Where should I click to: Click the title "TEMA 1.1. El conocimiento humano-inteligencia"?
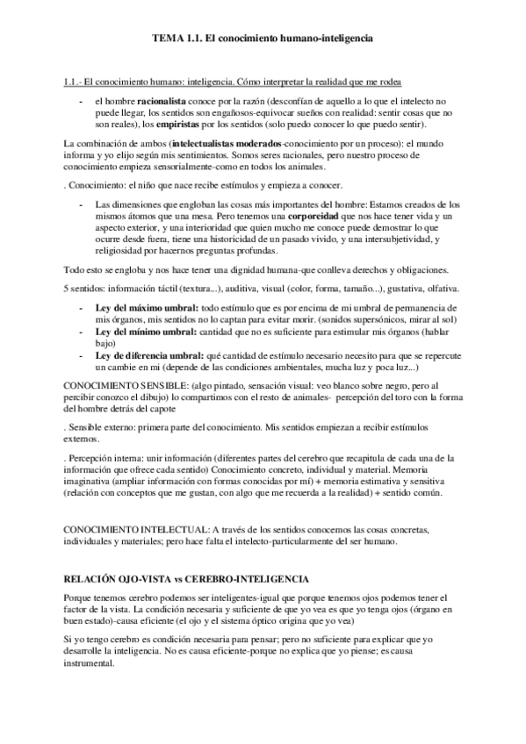(263, 40)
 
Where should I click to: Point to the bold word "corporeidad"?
(319, 215)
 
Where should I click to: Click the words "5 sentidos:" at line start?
(86, 289)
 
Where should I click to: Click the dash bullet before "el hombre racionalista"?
(82, 103)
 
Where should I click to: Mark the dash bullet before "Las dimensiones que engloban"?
(82, 204)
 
